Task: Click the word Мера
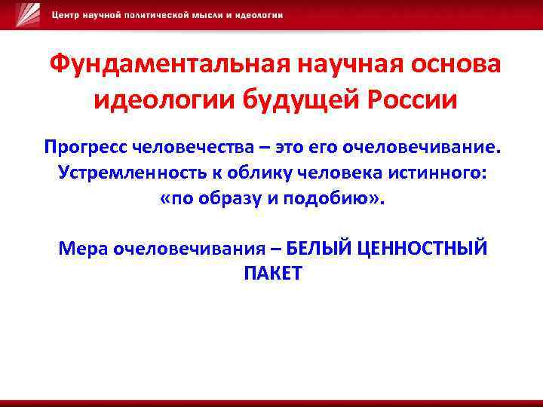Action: click(x=81, y=248)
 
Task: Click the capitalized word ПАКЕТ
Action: click(x=272, y=273)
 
